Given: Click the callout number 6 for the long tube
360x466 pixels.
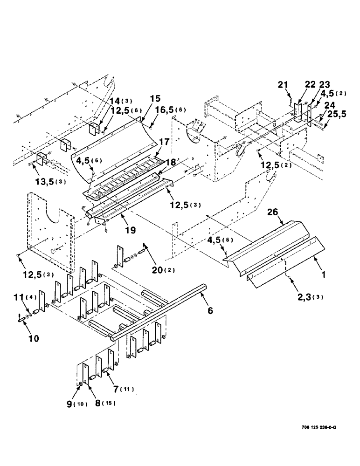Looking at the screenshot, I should (x=211, y=309).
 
